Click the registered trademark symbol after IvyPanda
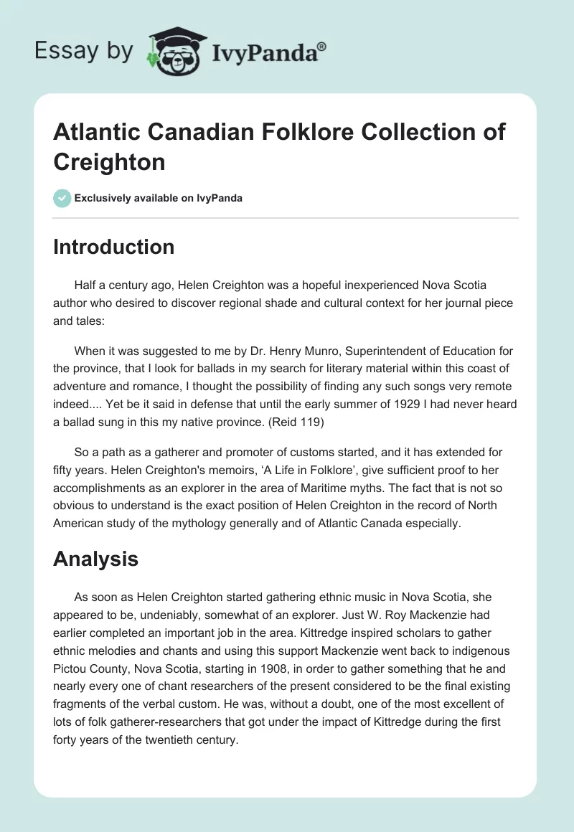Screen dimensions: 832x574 click(321, 46)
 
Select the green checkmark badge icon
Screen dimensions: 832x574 click(62, 198)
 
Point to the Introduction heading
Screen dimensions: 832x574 click(113, 247)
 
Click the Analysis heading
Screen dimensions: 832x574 click(95, 559)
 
